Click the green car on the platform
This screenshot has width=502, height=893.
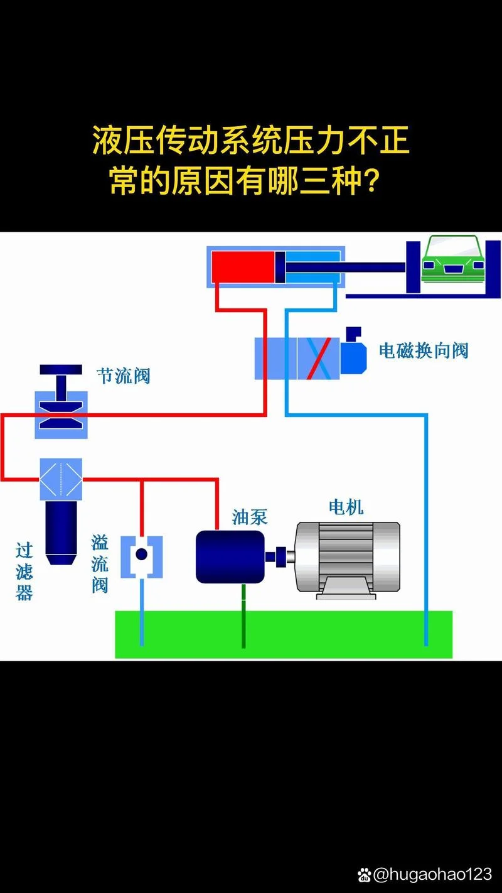453,259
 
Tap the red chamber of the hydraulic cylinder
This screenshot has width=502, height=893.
243,267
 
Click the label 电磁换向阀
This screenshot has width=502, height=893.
424,351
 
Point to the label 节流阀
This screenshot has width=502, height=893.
124,376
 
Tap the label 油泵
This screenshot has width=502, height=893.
250,517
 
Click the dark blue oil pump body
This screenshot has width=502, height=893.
230,556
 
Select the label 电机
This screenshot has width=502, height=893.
346,507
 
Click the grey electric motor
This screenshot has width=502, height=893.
348,560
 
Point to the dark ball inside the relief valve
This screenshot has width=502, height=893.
141,554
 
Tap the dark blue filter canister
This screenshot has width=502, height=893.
61,533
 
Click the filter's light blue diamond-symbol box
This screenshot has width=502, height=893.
61,479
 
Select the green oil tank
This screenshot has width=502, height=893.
284,634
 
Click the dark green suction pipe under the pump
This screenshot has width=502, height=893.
243,616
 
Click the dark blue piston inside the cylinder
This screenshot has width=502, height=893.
280,267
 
